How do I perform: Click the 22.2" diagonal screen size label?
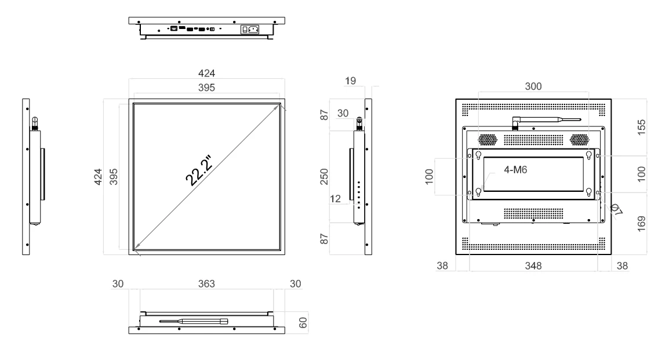tap(199, 170)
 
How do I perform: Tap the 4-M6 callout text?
tap(515, 170)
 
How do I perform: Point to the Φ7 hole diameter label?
tap(616, 209)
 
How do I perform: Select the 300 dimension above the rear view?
tap(533, 86)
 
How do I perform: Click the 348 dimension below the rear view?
tap(533, 266)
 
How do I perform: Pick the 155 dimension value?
tap(641, 128)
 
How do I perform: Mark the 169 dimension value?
tap(641, 224)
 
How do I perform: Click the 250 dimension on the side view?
tap(324, 177)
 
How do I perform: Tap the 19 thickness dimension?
tap(350, 81)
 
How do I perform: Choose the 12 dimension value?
tap(335, 199)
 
